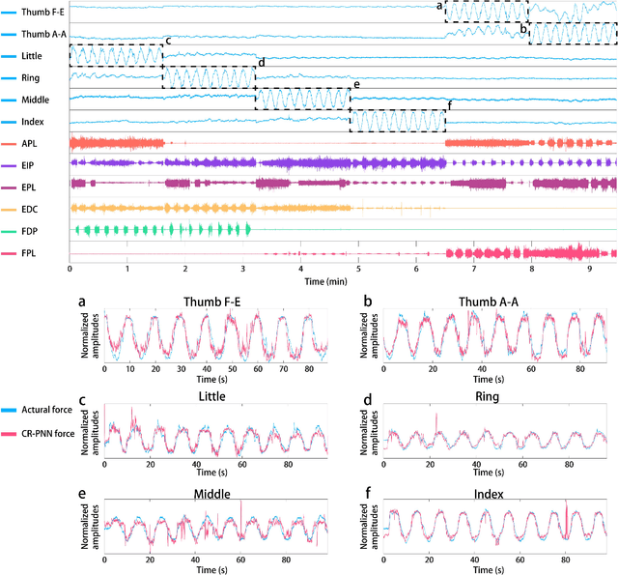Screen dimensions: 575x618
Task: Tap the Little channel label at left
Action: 31,56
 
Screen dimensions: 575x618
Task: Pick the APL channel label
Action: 29,143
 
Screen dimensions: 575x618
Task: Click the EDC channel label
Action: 30,207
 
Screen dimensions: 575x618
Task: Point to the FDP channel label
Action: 30,229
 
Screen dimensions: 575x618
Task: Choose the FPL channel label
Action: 29,251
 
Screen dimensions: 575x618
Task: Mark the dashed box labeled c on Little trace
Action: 115,55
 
